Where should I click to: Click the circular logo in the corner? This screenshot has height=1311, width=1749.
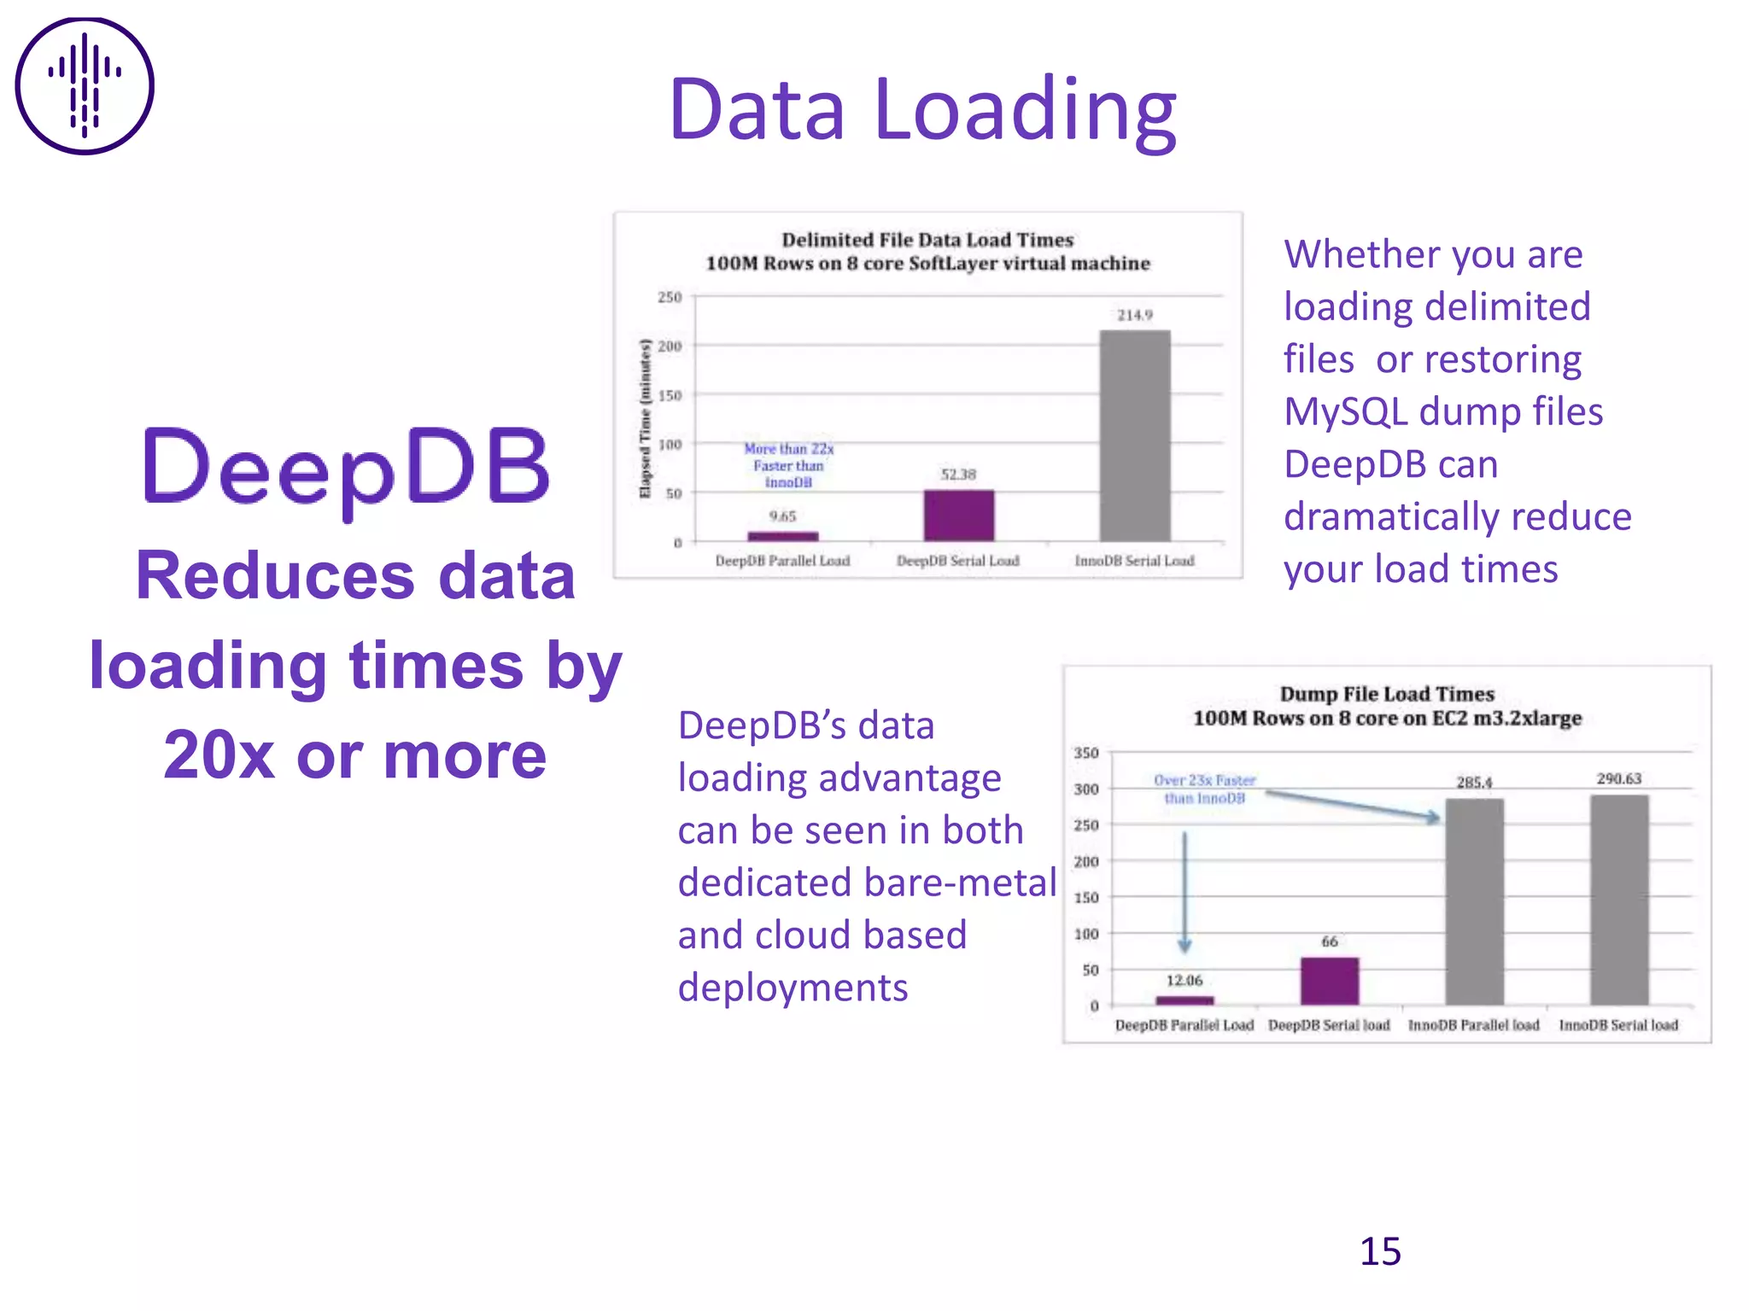point(85,86)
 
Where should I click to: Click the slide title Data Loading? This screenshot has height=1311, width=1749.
point(923,110)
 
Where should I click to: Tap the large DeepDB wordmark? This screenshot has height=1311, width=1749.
point(346,468)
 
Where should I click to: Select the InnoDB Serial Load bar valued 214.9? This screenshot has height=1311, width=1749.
point(1134,435)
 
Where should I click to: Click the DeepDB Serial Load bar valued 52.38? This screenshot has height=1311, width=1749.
point(958,516)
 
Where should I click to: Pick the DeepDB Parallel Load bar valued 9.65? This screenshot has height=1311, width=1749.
point(782,536)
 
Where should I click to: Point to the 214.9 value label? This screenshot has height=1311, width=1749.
point(1135,315)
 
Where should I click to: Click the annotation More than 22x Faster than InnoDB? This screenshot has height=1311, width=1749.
point(788,465)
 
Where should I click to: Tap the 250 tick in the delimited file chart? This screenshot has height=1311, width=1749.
point(670,297)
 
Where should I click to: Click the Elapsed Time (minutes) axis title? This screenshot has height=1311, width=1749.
point(646,418)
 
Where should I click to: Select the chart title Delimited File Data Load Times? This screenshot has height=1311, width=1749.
point(927,240)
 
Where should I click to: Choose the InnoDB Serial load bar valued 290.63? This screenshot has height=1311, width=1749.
point(1619,900)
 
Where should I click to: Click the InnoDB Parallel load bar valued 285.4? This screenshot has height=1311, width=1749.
point(1474,901)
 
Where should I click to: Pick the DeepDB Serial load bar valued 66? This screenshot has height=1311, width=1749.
point(1330,981)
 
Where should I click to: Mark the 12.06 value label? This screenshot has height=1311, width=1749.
point(1185,981)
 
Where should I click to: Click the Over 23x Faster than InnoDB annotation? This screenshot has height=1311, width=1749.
point(1204,790)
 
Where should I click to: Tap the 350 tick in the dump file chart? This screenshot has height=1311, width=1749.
point(1085,753)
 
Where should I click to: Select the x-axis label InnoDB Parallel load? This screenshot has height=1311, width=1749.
point(1473,1025)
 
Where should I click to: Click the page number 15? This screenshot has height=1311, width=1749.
point(1380,1251)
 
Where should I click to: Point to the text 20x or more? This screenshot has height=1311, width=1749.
point(355,755)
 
